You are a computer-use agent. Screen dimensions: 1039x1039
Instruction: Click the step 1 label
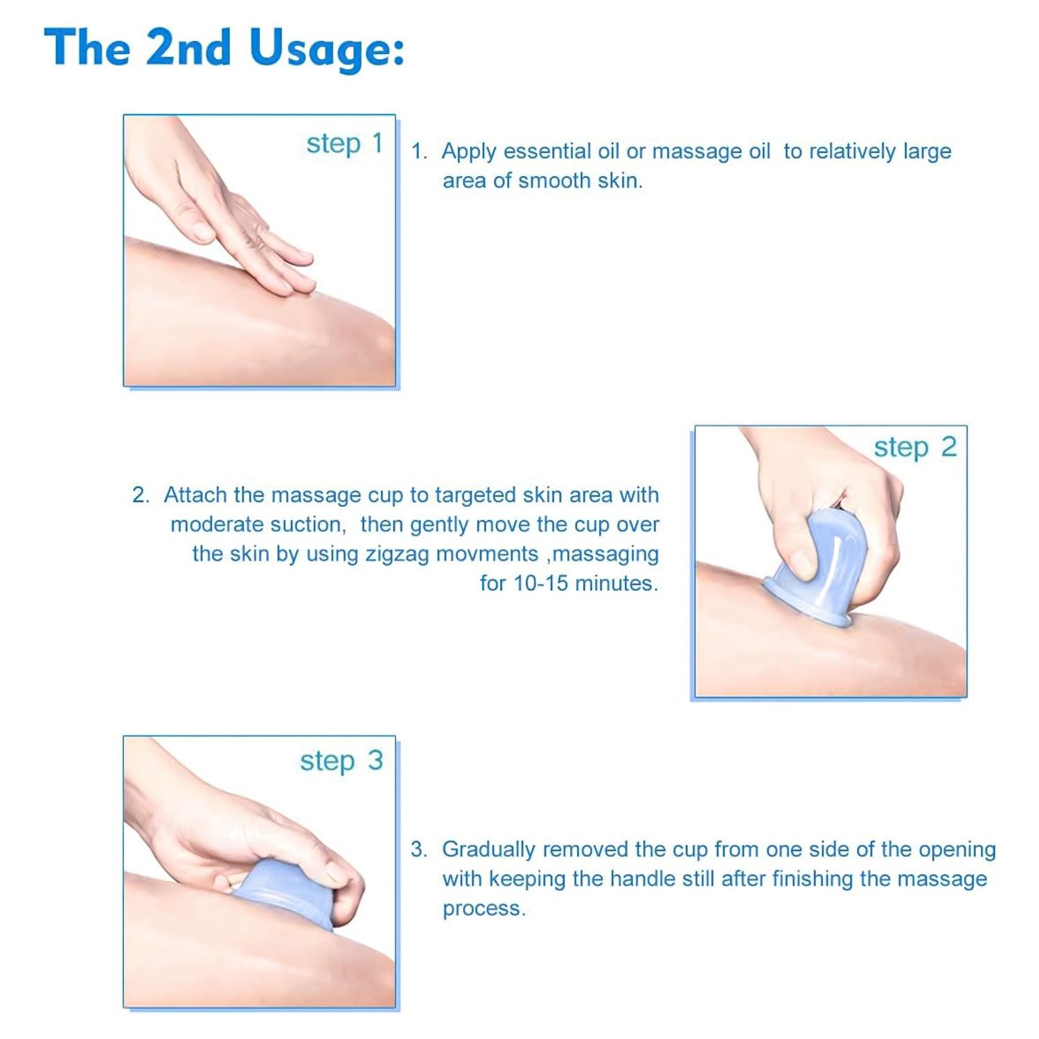click(344, 144)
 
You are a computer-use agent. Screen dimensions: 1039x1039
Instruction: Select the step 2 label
click(915, 447)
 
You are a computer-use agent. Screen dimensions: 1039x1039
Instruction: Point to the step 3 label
click(341, 761)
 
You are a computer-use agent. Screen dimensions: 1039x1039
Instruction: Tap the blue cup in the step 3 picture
click(291, 894)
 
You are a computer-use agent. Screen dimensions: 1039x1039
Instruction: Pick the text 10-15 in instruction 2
click(540, 583)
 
